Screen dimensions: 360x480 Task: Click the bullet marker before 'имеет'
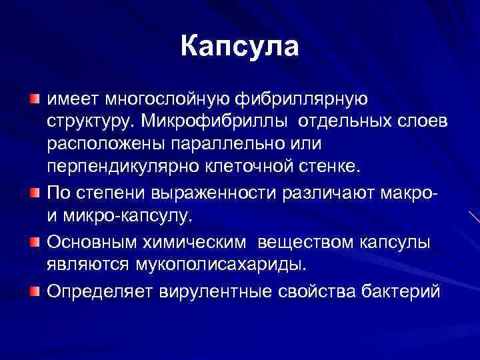click(x=35, y=99)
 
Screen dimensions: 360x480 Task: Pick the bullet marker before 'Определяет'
click(x=35, y=290)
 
